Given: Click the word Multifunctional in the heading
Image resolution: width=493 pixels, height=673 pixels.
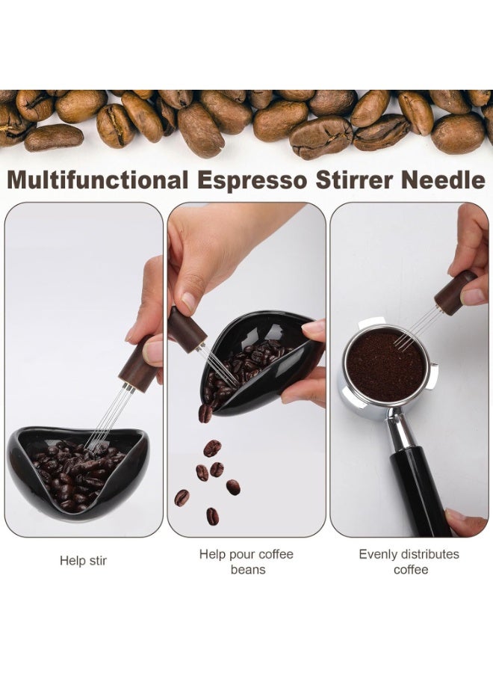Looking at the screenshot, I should tap(98, 180).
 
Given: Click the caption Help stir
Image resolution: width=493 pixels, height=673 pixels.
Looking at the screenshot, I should tap(83, 560).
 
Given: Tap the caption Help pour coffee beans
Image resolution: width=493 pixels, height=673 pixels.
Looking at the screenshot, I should tap(246, 562).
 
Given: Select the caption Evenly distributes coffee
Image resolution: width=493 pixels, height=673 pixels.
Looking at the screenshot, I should tap(409, 562).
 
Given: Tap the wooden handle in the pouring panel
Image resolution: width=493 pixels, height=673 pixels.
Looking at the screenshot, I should tap(187, 329).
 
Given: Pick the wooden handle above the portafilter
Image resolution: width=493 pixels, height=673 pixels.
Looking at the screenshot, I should tap(454, 291).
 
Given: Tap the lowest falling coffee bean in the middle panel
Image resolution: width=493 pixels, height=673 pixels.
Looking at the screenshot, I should tap(213, 516).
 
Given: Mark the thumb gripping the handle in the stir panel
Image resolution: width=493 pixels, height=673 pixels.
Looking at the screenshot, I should tap(153, 351).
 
